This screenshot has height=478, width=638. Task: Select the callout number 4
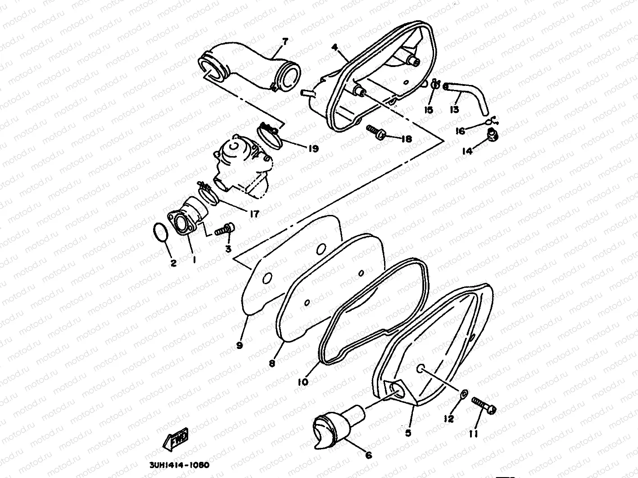(x=335, y=47)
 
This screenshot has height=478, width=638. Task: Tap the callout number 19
(x=313, y=148)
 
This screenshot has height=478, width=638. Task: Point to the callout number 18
(x=406, y=139)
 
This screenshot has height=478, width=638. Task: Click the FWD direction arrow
(x=173, y=439)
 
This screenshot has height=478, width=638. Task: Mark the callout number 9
(x=239, y=345)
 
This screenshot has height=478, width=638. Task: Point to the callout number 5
(x=408, y=433)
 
